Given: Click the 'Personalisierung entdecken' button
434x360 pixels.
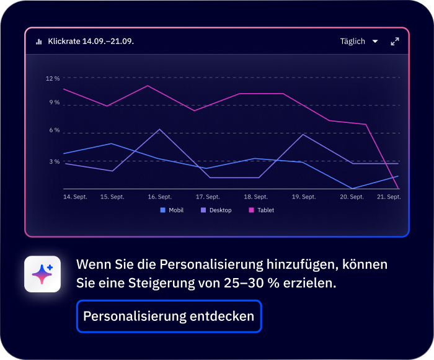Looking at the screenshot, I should pyautogui.click(x=169, y=317).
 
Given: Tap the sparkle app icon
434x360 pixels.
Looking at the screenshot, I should pyautogui.click(x=42, y=274).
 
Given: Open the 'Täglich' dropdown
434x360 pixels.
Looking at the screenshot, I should pyautogui.click(x=359, y=42).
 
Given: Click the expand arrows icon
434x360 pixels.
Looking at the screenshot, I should pyautogui.click(x=395, y=42).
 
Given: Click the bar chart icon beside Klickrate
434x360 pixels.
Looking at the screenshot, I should pyautogui.click(x=39, y=42).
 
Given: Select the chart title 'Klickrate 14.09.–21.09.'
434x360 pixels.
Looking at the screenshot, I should pyautogui.click(x=91, y=42).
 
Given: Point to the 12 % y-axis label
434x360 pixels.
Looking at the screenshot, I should pyautogui.click(x=53, y=79).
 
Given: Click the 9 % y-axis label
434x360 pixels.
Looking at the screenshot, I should pyautogui.click(x=55, y=102).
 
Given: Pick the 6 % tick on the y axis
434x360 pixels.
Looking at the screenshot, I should pyautogui.click(x=55, y=130).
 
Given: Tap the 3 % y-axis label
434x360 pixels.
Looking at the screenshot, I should pyautogui.click(x=55, y=161).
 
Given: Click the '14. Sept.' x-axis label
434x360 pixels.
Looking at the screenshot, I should pyautogui.click(x=75, y=197).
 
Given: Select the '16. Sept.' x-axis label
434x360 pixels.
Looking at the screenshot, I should pyautogui.click(x=159, y=197).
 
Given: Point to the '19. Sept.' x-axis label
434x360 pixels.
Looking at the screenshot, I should pyautogui.click(x=304, y=197).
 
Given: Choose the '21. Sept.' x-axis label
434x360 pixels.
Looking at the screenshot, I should pyautogui.click(x=389, y=197).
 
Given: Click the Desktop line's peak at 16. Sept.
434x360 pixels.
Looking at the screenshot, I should pyautogui.click(x=160, y=129).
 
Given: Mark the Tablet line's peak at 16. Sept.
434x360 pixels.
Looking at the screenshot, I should pyautogui.click(x=148, y=86).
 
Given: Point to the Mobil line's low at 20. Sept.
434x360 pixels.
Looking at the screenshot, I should pyautogui.click(x=352, y=188).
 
